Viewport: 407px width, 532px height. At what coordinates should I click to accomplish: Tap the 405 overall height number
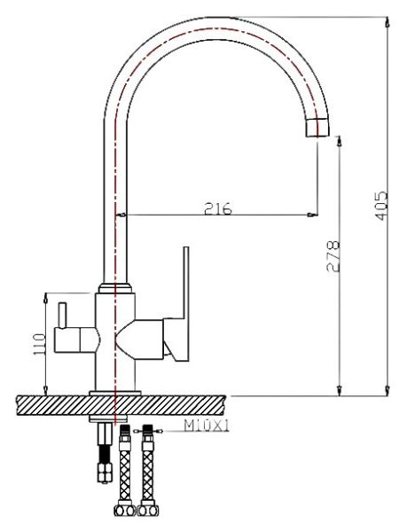(380, 207)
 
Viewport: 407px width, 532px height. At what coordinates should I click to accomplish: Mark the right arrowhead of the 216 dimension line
(312, 215)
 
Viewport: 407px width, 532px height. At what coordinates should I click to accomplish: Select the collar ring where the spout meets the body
(116, 288)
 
